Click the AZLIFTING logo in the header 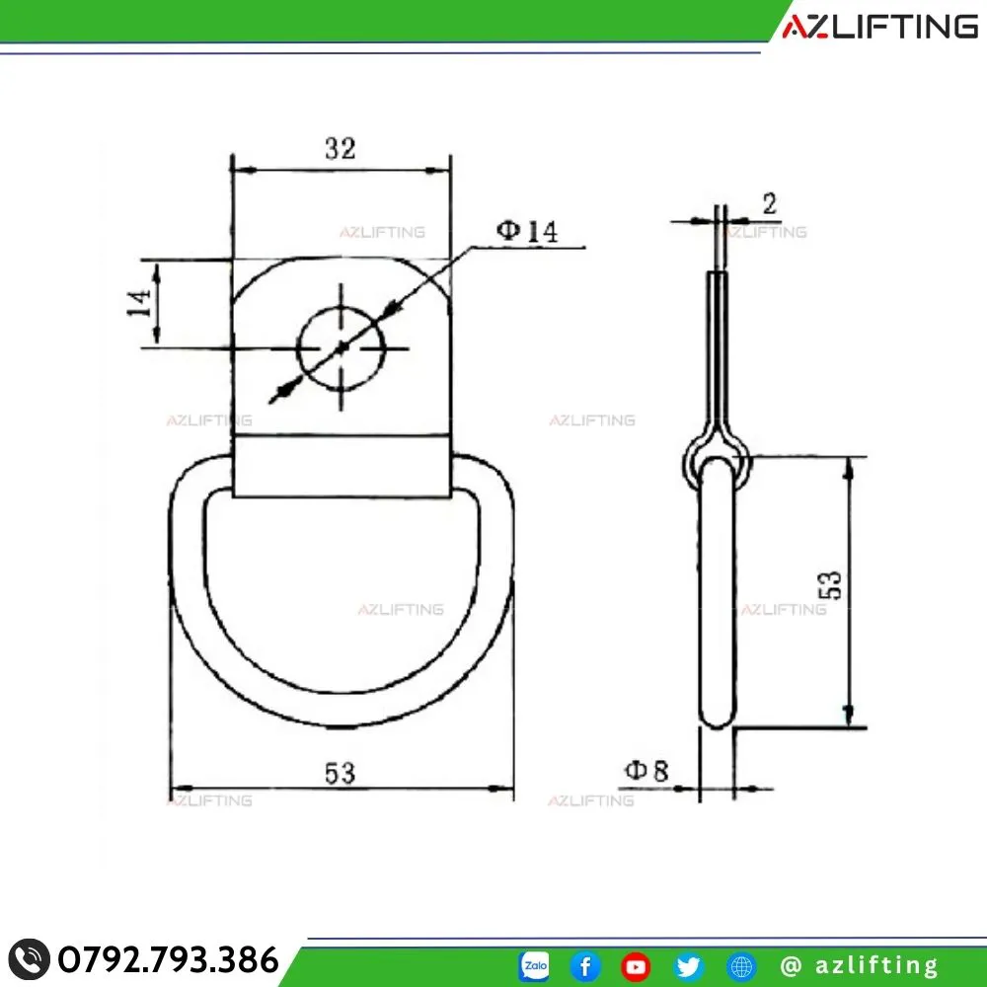pyautogui.click(x=879, y=27)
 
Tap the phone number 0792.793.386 pyautogui.click(x=168, y=959)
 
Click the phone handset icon pyautogui.click(x=29, y=960)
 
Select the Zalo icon pyautogui.click(x=534, y=965)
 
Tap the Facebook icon pyautogui.click(x=585, y=965)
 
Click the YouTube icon pyautogui.click(x=636, y=965)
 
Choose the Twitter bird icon pyautogui.click(x=688, y=965)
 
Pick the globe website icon pyautogui.click(x=741, y=965)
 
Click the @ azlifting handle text pyautogui.click(x=859, y=965)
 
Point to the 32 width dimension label pyautogui.click(x=341, y=149)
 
